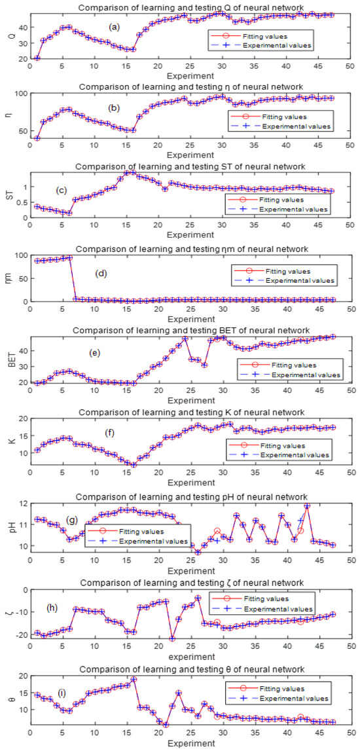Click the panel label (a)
(x=115, y=27)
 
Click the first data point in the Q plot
(x=37, y=58)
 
